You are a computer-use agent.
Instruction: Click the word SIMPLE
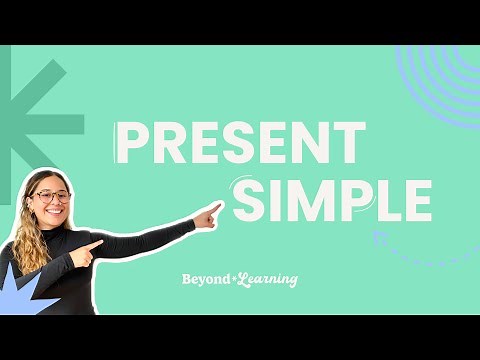(331, 200)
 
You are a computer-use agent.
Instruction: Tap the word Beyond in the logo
(205, 280)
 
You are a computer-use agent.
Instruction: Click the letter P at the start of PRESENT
(130, 143)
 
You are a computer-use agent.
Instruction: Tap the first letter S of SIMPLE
(249, 200)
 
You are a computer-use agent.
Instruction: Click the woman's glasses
(52, 197)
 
